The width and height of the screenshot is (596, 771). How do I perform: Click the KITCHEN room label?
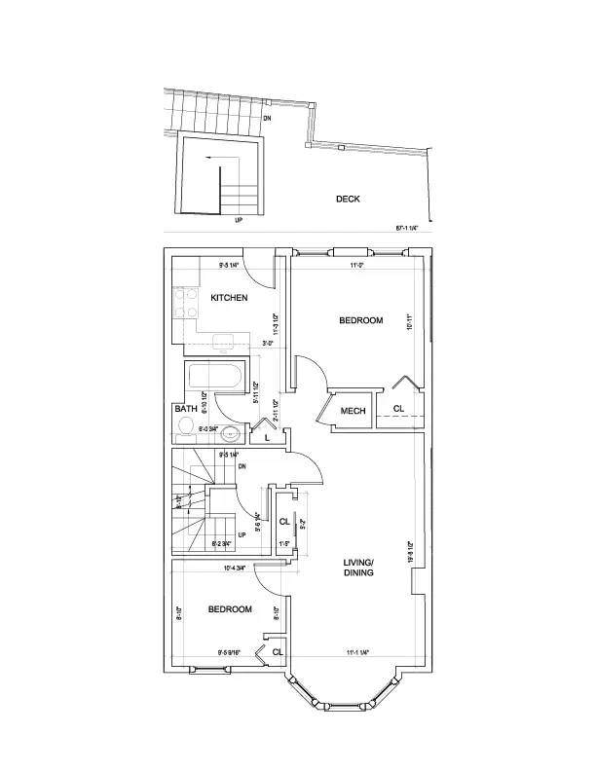click(x=229, y=297)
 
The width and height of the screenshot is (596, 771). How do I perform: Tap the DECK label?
click(x=348, y=199)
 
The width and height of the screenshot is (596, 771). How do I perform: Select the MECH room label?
click(x=353, y=411)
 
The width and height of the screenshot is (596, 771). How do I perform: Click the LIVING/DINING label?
click(x=359, y=568)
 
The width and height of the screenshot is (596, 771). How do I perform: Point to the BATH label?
click(x=185, y=410)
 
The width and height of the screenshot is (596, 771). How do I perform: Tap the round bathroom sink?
click(x=232, y=434)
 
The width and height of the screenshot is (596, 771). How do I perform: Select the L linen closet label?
click(x=267, y=439)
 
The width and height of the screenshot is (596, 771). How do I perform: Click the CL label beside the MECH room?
click(x=399, y=408)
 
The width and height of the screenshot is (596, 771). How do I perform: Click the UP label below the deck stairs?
click(x=239, y=221)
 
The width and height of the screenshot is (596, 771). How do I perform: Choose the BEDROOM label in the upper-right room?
click(x=360, y=320)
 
